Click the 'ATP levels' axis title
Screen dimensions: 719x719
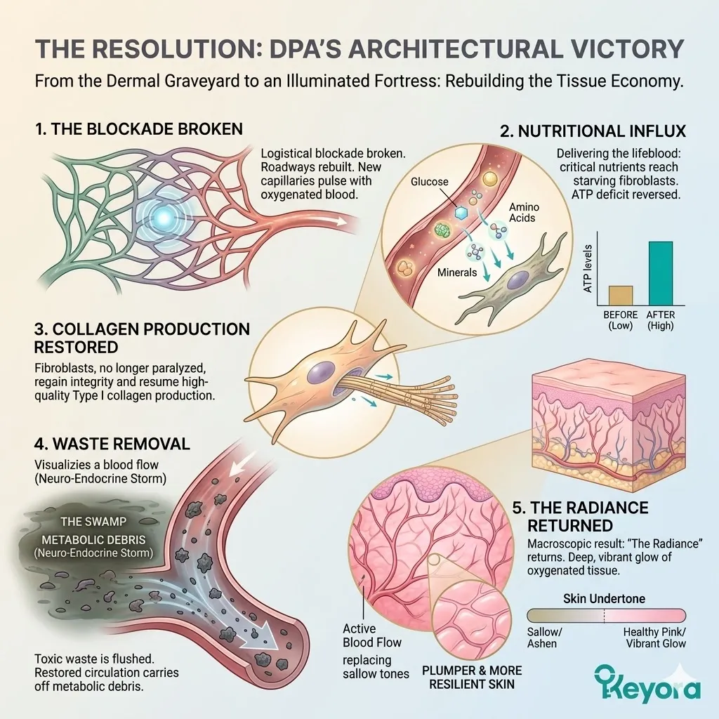tap(588, 268)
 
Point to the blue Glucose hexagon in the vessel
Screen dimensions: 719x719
tap(461, 211)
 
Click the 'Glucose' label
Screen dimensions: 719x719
tap(430, 182)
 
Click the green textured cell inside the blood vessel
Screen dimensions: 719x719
tap(442, 230)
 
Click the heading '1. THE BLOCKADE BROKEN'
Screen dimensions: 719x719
tap(139, 129)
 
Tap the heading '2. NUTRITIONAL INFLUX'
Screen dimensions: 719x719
tap(593, 131)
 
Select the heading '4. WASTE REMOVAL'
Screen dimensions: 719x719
tap(112, 444)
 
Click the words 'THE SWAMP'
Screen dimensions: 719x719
tap(89, 522)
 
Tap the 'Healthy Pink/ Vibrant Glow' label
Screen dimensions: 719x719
tap(654, 638)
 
